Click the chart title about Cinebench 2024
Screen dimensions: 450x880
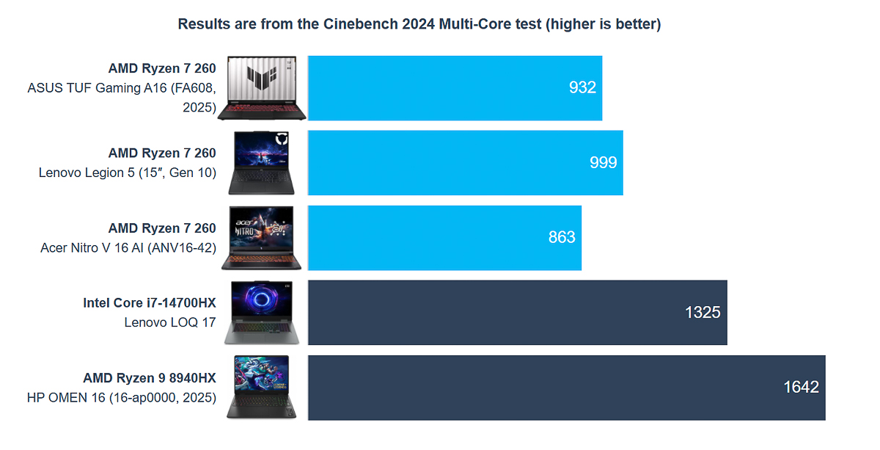(x=419, y=24)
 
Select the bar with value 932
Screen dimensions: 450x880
(x=455, y=88)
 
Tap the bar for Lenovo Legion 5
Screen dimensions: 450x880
(x=465, y=163)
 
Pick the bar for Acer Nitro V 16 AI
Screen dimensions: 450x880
(x=444, y=238)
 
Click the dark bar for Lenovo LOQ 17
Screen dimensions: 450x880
(x=517, y=313)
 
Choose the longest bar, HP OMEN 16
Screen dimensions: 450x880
(x=566, y=388)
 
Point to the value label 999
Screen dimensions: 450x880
(x=603, y=163)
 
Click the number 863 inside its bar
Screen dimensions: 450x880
(x=562, y=238)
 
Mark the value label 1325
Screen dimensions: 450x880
(x=703, y=313)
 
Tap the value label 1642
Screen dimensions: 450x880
(x=801, y=388)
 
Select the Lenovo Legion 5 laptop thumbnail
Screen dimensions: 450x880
(x=262, y=163)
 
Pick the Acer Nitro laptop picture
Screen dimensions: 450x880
(x=262, y=238)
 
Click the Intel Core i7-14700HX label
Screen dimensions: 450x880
(x=150, y=302)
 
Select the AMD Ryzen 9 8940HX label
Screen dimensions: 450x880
(x=150, y=378)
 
